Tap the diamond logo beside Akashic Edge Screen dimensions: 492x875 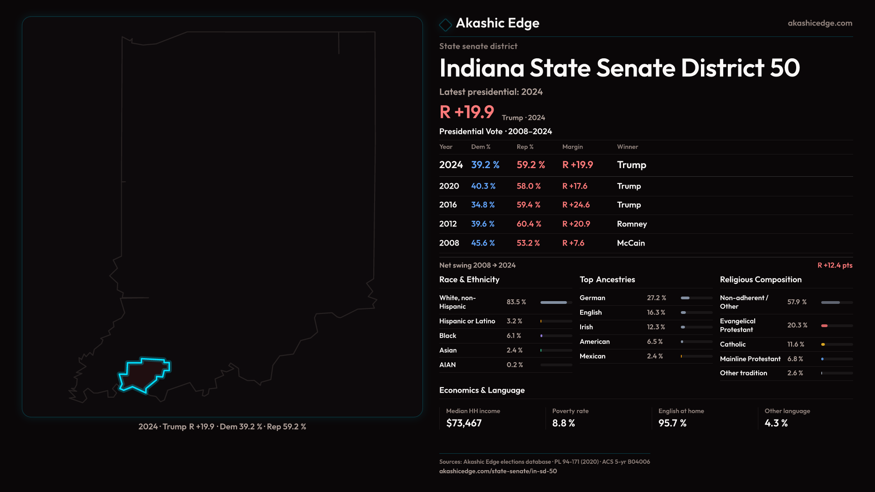tap(445, 25)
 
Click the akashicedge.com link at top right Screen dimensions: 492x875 tap(820, 23)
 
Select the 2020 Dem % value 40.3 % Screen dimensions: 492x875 tap(483, 186)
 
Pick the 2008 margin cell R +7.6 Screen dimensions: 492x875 tap(573, 243)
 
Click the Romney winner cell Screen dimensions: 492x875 tap(632, 224)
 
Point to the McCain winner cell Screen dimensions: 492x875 tap(631, 243)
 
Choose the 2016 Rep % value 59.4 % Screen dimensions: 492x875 tap(528, 205)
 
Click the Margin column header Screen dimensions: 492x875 tap(572, 147)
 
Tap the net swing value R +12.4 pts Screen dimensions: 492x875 tap(834, 266)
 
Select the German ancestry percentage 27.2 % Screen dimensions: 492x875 tap(656, 298)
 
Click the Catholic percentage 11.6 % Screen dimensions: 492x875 tap(796, 344)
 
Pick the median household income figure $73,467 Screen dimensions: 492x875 tap(464, 423)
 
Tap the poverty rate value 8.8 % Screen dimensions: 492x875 tap(563, 423)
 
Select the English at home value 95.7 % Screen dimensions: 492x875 tap(672, 423)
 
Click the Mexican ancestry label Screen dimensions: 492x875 tap(592, 356)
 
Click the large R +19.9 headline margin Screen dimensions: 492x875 tap(467, 112)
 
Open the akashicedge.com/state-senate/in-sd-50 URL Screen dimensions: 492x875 tap(498, 471)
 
